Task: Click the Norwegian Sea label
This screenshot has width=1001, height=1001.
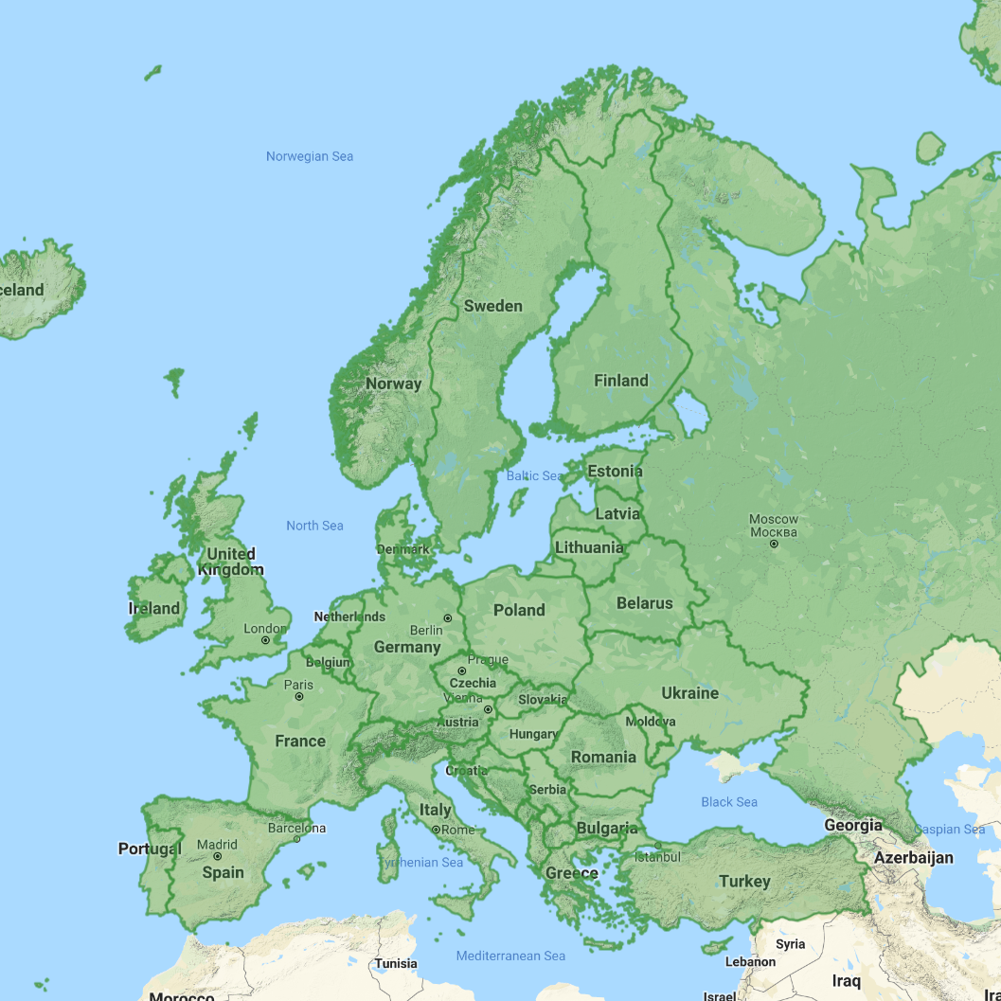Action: (x=309, y=156)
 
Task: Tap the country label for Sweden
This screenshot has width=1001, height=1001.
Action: (x=492, y=306)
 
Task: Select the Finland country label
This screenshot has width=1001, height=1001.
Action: (x=620, y=381)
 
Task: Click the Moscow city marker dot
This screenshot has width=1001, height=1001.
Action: (x=775, y=545)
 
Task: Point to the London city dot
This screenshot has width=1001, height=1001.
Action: (x=266, y=640)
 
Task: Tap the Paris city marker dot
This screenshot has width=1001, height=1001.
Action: (x=299, y=696)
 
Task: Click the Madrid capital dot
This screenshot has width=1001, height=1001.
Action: (x=218, y=856)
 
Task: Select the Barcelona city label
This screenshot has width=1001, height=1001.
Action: (x=295, y=828)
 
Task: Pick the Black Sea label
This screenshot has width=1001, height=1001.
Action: (x=728, y=802)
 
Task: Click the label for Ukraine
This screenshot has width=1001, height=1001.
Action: (x=689, y=693)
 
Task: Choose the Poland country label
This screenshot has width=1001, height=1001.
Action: (x=519, y=610)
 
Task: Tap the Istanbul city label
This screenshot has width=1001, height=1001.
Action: (x=657, y=857)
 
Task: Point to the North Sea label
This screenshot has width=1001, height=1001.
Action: (x=314, y=526)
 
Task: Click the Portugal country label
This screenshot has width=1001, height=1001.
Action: (x=149, y=849)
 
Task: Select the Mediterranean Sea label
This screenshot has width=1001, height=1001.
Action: (x=510, y=956)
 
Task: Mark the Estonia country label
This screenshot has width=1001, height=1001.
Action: (x=615, y=471)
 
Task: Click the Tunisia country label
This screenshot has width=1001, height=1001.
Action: (x=395, y=964)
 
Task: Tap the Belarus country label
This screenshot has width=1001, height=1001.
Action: (x=644, y=603)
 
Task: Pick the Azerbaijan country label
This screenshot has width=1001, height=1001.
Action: (x=913, y=857)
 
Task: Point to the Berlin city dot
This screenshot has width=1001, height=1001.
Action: (x=448, y=618)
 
